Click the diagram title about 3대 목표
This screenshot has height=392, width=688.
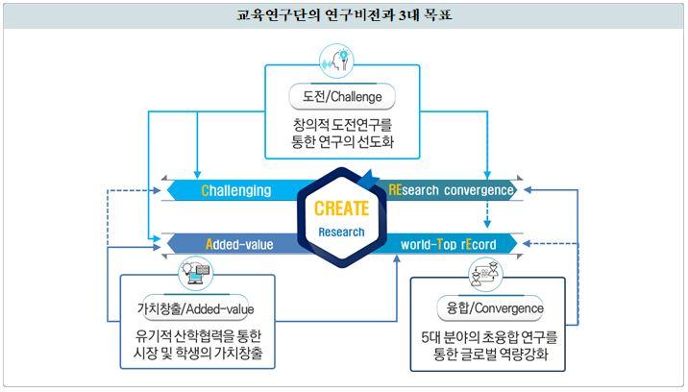tap(344, 15)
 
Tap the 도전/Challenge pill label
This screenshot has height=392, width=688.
tap(342, 97)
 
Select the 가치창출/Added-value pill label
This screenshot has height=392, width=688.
tap(196, 308)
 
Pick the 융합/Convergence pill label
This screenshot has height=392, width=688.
tap(491, 308)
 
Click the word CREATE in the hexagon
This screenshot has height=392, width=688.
tap(341, 208)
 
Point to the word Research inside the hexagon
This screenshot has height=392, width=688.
tap(341, 233)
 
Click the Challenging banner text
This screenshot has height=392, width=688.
tap(236, 190)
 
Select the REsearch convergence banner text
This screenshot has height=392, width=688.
tap(451, 190)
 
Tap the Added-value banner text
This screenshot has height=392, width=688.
tap(239, 244)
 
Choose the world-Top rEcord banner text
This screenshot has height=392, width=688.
tap(449, 244)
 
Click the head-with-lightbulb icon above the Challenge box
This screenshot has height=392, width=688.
tap(337, 61)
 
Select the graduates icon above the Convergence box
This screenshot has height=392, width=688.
tap(485, 275)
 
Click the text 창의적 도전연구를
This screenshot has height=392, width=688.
tap(342, 125)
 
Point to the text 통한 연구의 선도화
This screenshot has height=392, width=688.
tap(342, 142)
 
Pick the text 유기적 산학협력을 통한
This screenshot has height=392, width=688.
tap(198, 336)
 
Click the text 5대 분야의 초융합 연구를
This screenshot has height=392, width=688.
tap(489, 337)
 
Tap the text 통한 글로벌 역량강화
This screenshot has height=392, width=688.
tap(491, 354)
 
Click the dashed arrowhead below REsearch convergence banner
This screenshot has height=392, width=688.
tap(487, 224)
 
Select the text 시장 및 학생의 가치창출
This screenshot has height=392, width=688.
tap(198, 353)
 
